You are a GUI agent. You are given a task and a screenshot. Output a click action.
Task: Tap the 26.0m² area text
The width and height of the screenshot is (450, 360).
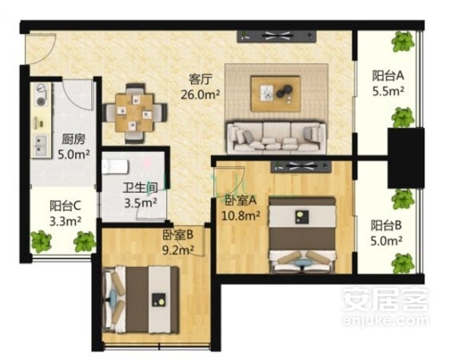[201, 94]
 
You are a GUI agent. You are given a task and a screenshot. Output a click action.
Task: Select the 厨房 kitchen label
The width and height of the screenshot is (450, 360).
[74, 139]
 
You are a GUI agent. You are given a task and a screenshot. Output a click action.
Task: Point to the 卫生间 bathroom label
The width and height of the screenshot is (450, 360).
[141, 188]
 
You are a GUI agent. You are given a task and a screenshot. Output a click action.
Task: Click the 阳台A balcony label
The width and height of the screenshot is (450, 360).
[388, 76]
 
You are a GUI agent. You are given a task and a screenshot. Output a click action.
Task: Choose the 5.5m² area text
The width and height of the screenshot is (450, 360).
[388, 91]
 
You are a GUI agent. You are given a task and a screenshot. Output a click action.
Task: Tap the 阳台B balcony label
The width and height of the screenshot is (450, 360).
[386, 226]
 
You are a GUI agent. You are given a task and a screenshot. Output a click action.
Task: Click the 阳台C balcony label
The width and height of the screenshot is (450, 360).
[66, 206]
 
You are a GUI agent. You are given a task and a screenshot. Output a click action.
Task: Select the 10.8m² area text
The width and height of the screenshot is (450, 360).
[241, 215]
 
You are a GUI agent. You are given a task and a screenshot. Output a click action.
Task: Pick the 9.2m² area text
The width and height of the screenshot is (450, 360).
[178, 250]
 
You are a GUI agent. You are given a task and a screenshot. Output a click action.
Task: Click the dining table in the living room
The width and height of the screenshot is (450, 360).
[134, 113]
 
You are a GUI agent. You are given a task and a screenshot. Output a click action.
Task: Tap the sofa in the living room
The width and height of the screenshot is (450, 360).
[277, 138]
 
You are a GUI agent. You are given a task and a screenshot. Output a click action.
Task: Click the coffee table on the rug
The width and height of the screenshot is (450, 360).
[276, 94]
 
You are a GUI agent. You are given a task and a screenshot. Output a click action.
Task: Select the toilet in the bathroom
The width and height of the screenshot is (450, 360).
[115, 167]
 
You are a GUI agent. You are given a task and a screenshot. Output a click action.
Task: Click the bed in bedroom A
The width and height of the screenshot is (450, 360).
[302, 234]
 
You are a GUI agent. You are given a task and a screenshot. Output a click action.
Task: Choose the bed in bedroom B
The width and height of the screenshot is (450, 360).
[141, 300]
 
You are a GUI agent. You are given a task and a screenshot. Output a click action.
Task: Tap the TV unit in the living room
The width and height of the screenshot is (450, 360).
[277, 36]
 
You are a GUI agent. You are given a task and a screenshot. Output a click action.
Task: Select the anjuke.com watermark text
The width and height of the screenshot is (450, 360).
[385, 320]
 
